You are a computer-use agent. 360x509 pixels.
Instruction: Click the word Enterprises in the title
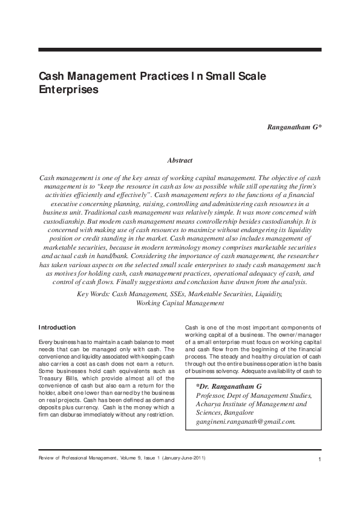69,89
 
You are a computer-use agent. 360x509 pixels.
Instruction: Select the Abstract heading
180,161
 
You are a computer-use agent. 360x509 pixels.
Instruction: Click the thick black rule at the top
180,49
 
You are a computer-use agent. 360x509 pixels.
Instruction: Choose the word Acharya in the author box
209,404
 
